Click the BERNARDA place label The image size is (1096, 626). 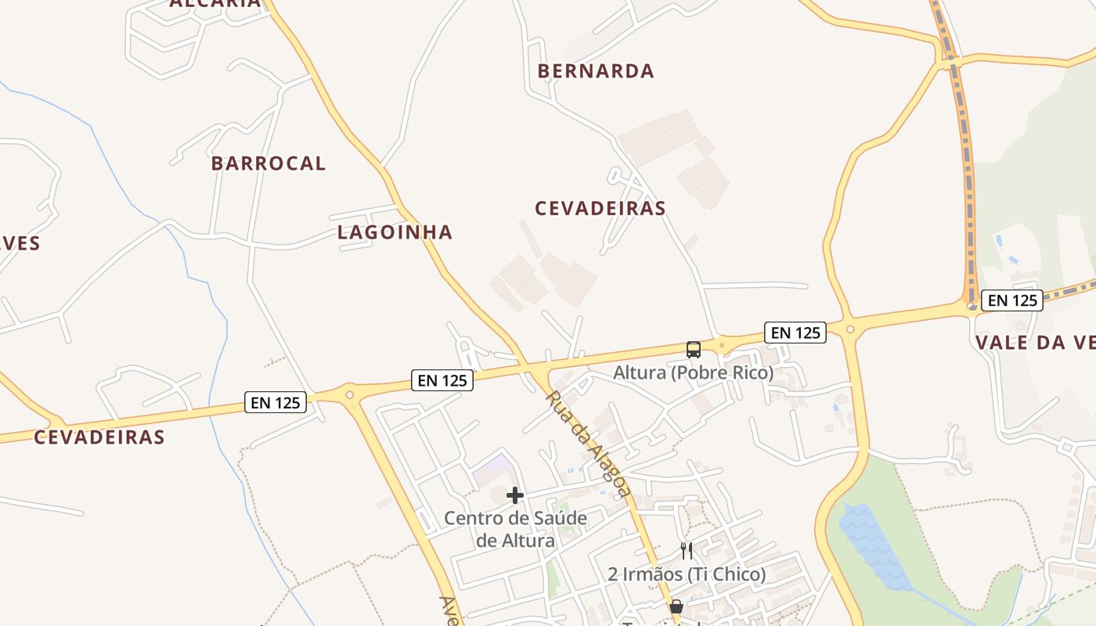click(x=596, y=71)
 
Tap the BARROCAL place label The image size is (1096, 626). click(x=269, y=164)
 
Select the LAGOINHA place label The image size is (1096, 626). click(x=395, y=232)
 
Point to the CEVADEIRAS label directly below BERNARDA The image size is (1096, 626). click(x=600, y=209)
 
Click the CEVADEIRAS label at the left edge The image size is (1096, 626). click(x=99, y=437)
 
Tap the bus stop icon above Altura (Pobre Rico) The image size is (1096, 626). click(x=694, y=349)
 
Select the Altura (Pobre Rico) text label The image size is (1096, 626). click(x=693, y=373)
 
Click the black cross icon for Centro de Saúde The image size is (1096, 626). click(x=515, y=495)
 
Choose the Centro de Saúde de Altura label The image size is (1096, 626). click(x=515, y=529)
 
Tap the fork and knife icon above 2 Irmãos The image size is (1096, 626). click(x=687, y=551)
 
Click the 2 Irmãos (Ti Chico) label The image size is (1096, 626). click(x=687, y=574)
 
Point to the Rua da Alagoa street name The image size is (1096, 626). click(x=588, y=444)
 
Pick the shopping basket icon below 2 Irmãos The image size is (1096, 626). click(x=676, y=606)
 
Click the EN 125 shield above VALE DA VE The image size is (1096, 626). click(x=1013, y=300)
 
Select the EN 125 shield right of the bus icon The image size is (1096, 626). click(x=795, y=333)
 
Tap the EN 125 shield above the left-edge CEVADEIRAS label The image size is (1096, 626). click(x=276, y=403)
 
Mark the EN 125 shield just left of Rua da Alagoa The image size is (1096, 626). click(x=443, y=381)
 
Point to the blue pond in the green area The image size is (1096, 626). click(x=869, y=540)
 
